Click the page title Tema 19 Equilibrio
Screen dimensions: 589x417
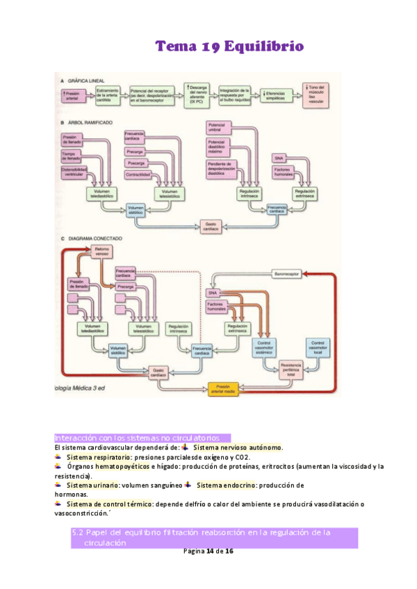click(x=229, y=47)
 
